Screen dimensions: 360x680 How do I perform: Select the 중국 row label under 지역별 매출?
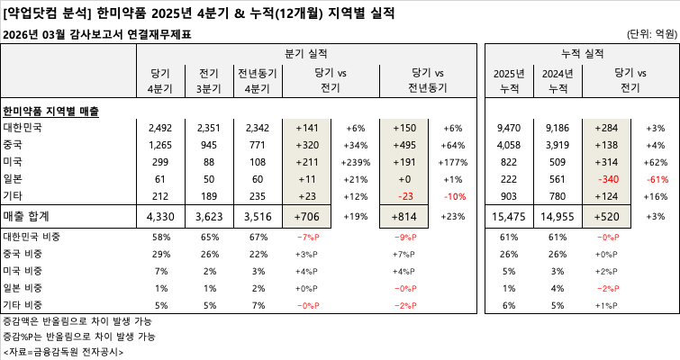coord(14,145)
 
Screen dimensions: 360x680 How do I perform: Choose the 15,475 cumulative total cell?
coord(510,217)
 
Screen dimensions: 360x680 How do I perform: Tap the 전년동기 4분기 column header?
coord(257,81)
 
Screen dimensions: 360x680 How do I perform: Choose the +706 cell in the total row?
coord(311,217)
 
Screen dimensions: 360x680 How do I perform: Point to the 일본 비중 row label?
coord(26,289)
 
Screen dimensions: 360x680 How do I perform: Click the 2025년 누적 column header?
coord(510,81)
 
